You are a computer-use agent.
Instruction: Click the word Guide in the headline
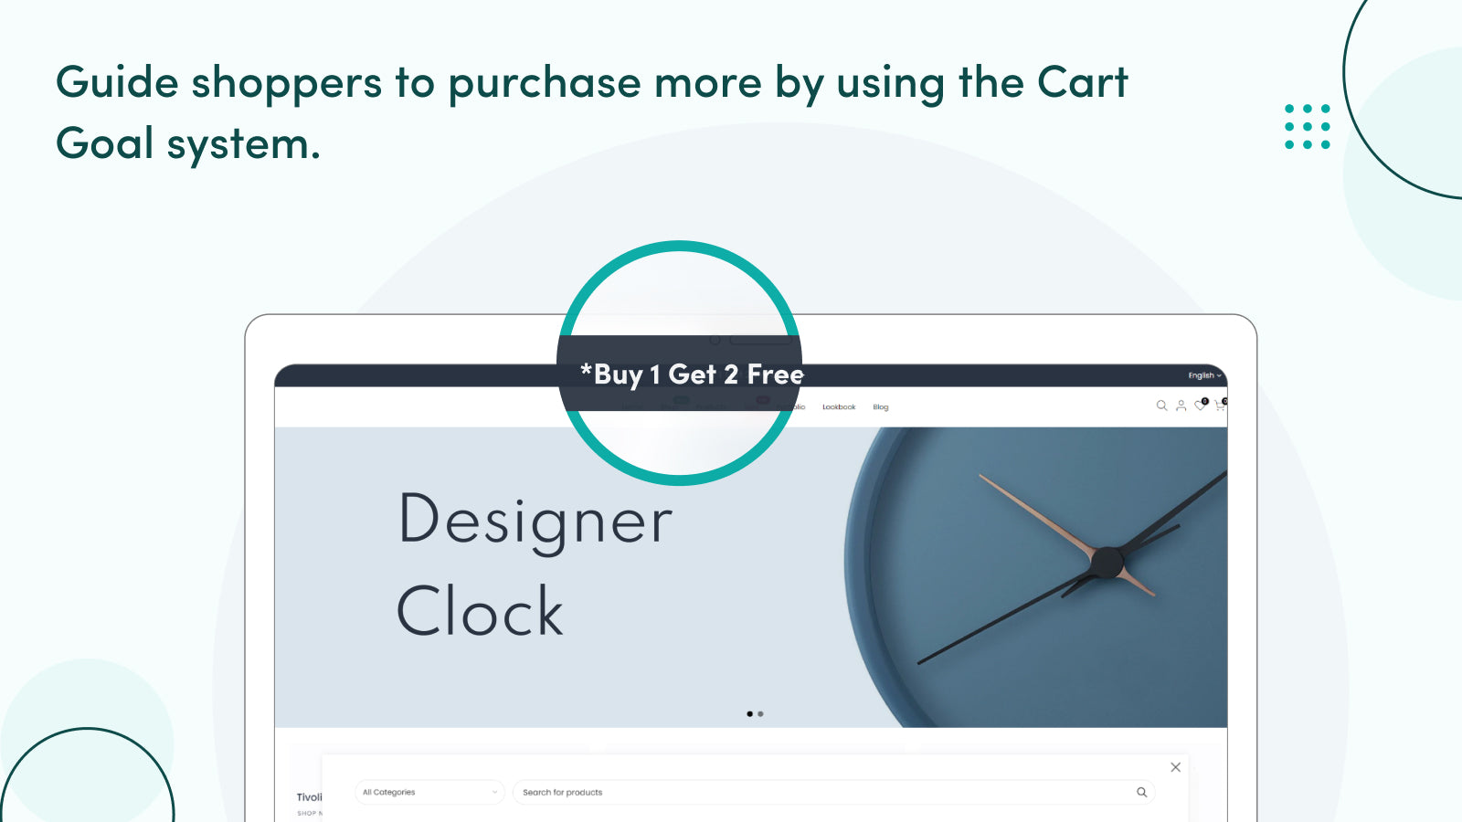click(117, 83)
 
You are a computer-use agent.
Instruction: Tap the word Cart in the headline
click(1082, 83)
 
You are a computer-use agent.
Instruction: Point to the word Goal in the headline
click(104, 144)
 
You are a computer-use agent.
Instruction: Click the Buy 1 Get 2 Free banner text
click(692, 374)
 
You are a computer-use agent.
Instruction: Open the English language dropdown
click(1203, 375)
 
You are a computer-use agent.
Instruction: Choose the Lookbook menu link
click(839, 407)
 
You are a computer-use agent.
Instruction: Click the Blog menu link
click(880, 407)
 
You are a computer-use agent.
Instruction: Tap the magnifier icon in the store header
click(1161, 406)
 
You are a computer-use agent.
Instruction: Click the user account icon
click(1181, 406)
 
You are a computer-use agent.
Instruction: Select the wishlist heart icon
click(1200, 406)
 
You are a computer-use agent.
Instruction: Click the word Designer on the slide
click(535, 522)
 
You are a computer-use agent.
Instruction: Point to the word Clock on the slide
click(480, 611)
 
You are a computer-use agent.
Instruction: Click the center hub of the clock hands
click(1107, 562)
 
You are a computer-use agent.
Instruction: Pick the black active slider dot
click(749, 714)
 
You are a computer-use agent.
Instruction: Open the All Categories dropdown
click(429, 793)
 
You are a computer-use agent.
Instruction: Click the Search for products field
click(822, 793)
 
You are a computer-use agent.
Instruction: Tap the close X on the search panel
click(1175, 767)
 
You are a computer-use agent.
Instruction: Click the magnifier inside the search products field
click(1141, 793)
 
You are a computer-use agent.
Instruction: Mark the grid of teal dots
click(1308, 126)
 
